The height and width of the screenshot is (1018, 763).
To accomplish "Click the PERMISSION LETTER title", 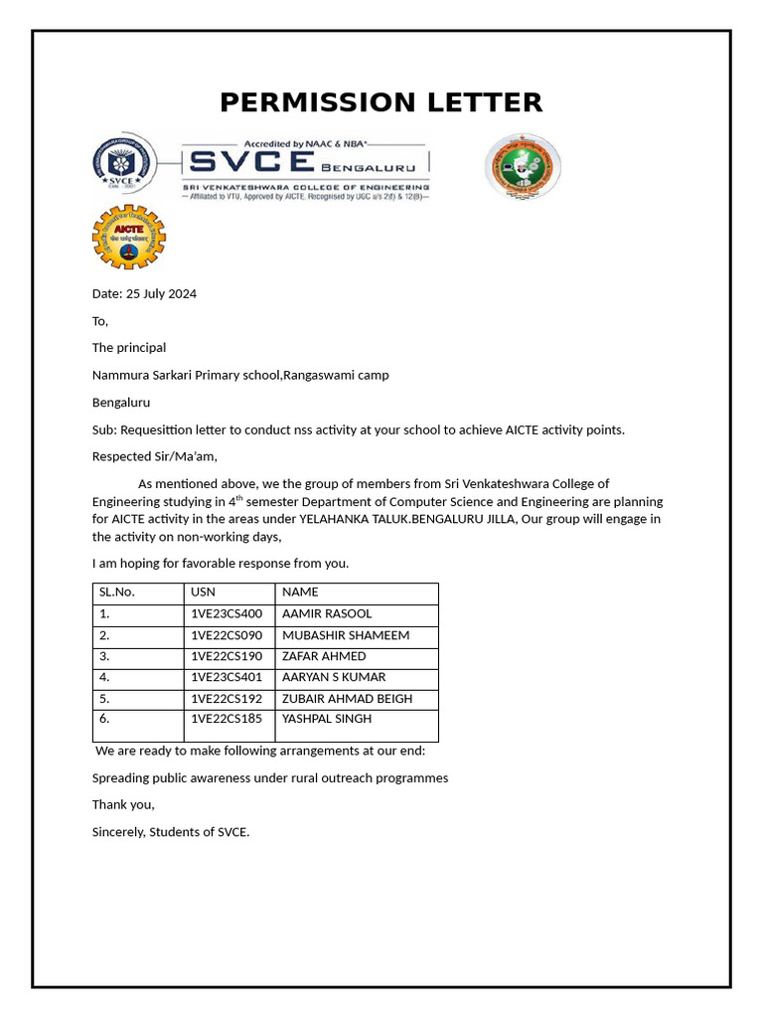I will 381,102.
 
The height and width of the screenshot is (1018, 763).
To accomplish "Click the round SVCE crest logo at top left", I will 124,164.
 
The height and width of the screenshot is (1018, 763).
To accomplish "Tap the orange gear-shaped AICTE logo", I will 128,237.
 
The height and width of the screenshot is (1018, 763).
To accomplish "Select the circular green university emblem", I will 523,166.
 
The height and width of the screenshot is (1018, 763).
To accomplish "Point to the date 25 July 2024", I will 144,293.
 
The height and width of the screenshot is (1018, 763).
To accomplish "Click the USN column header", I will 203,592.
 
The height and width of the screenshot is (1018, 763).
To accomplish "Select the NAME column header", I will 300,592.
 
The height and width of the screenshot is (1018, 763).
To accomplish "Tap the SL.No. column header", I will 116,592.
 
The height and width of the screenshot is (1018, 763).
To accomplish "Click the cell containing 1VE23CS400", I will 227,613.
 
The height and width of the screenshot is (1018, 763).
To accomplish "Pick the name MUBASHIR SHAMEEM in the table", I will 345,635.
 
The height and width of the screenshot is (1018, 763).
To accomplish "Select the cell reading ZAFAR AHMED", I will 324,656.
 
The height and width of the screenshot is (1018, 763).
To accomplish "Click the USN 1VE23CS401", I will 227,677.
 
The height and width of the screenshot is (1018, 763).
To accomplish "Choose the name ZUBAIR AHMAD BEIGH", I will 347,698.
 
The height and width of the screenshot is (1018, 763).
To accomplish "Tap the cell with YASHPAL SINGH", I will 327,719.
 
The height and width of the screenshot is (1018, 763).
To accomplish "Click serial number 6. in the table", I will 104,719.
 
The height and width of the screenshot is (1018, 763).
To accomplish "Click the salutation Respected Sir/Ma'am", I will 154,456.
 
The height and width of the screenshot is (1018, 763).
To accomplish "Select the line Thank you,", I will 123,804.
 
